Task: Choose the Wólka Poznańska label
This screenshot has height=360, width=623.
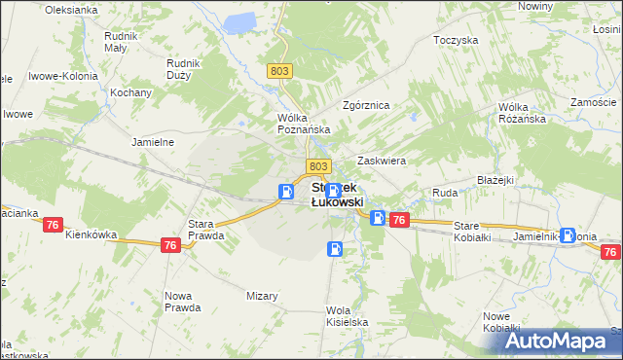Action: point(305,123)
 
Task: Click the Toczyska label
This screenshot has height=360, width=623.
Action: point(457,41)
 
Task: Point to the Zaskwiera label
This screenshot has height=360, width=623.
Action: point(382,161)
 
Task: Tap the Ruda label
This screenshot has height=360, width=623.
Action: point(445,194)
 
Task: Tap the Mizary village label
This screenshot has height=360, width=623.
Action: point(263,296)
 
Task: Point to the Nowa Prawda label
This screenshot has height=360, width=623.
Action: point(183,301)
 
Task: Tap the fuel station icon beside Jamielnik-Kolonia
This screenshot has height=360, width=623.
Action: point(567,234)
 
